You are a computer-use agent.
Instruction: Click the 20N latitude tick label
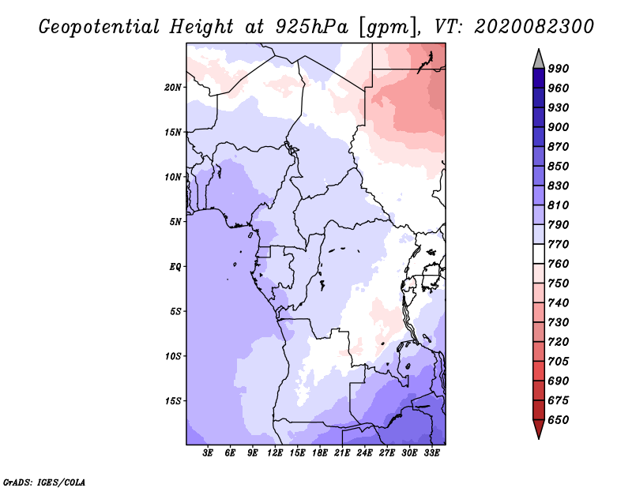pos(172,88)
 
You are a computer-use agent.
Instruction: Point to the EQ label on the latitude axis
pos(175,267)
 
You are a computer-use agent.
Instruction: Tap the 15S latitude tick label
pos(172,401)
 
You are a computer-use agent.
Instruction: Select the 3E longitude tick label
pos(208,452)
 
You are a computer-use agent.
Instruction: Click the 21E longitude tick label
pos(342,452)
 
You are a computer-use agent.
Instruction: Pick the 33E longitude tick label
pos(431,452)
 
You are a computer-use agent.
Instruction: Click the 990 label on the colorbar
pos(559,69)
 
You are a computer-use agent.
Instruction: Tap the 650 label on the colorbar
pos(559,420)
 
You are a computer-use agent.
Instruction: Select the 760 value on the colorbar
pos(559,264)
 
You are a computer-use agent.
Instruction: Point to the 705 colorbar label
pos(559,362)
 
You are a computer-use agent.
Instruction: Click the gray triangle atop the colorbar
pos(539,58)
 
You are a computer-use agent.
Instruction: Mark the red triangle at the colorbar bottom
pos(539,429)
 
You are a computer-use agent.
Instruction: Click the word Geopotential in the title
pos(100,28)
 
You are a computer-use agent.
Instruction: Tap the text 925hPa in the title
pos(312,27)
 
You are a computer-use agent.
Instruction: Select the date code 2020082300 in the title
pos(534,27)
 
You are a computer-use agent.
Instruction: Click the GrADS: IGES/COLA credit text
pos(44,482)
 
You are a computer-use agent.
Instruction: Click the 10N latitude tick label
pos(172,177)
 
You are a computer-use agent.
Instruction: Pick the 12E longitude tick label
pos(274,452)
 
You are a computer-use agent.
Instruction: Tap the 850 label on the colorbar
pos(559,167)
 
